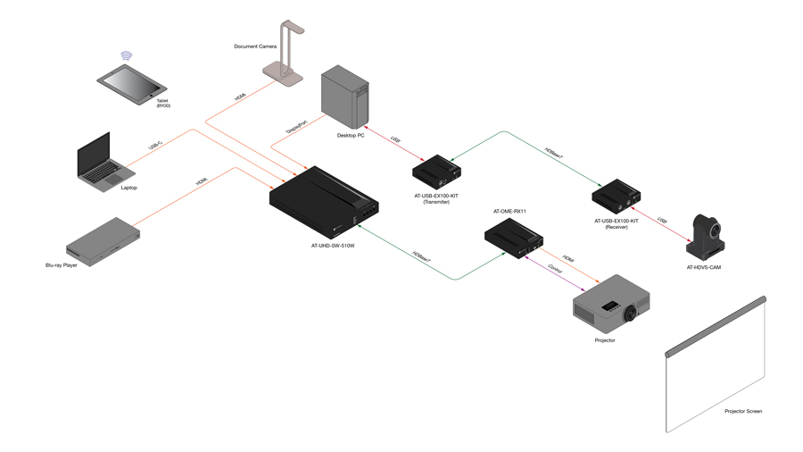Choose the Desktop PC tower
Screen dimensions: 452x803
coord(345,96)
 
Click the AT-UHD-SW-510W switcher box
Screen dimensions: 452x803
coord(325,202)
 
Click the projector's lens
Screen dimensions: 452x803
coord(633,314)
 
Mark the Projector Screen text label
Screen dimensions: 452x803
coord(743,412)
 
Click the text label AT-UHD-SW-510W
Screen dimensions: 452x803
coord(333,247)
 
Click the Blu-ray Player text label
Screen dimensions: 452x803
coord(62,265)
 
